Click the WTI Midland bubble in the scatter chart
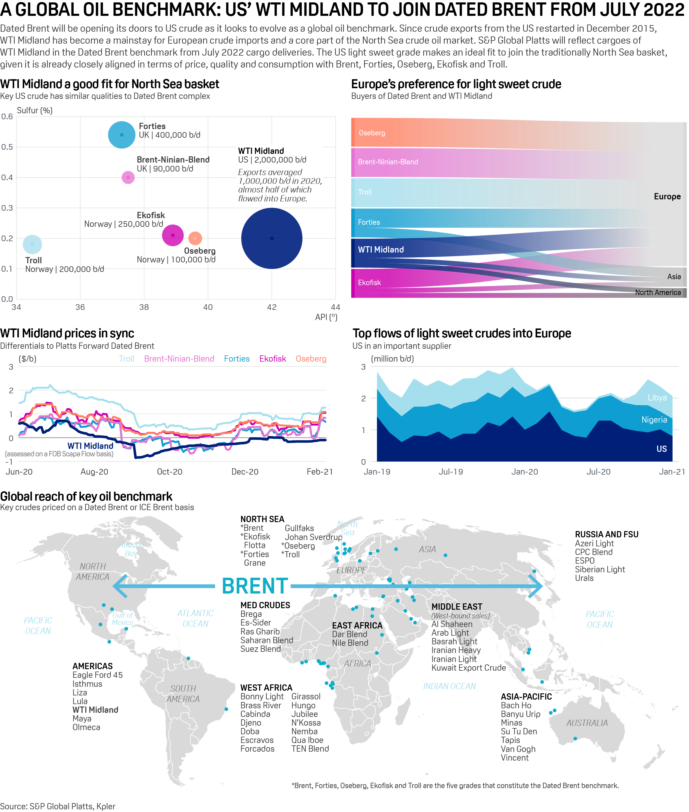(x=272, y=238)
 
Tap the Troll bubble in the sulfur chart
(x=32, y=244)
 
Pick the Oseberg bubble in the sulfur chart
(x=195, y=238)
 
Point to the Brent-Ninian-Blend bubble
(x=128, y=177)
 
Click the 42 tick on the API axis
(x=272, y=307)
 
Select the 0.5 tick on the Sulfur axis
(x=7, y=147)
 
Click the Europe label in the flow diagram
(x=667, y=196)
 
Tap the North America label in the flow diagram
(x=658, y=292)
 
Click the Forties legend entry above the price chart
(x=237, y=359)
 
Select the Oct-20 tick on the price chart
(x=170, y=472)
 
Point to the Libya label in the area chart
(x=657, y=397)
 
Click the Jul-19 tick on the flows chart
(x=451, y=472)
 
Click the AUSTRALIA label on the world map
(x=587, y=723)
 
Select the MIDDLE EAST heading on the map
(x=457, y=607)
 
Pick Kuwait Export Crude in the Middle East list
(x=468, y=668)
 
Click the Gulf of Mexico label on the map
(x=123, y=619)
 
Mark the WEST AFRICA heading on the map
(x=266, y=687)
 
